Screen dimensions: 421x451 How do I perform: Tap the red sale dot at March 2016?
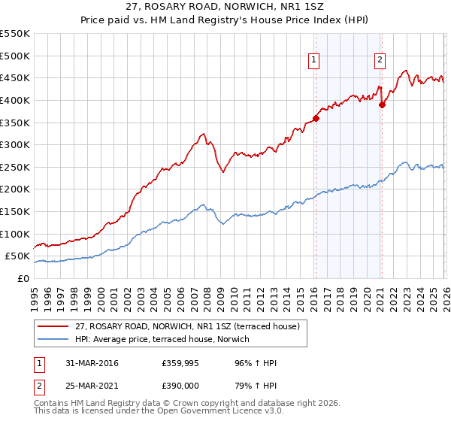point(316,118)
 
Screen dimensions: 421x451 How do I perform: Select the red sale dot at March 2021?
point(382,104)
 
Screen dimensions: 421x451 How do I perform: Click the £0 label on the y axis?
point(22,278)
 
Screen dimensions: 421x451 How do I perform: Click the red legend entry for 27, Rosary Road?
point(187,326)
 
